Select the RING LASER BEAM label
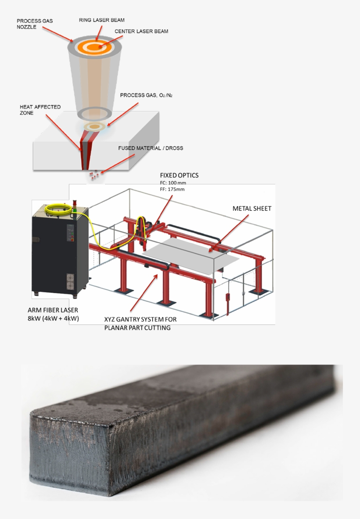[x=101, y=20]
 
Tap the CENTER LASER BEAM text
[x=141, y=32]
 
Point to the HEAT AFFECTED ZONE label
[x=40, y=110]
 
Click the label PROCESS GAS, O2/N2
[x=146, y=95]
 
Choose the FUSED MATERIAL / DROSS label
[x=151, y=148]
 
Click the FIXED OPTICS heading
[x=179, y=176]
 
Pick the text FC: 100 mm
[x=173, y=183]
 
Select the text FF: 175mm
[x=172, y=189]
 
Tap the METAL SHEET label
[x=252, y=209]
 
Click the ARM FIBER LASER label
[x=53, y=310]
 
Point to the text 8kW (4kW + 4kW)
[x=53, y=318]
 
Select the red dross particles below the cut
[x=93, y=176]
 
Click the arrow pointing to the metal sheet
[x=228, y=233]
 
